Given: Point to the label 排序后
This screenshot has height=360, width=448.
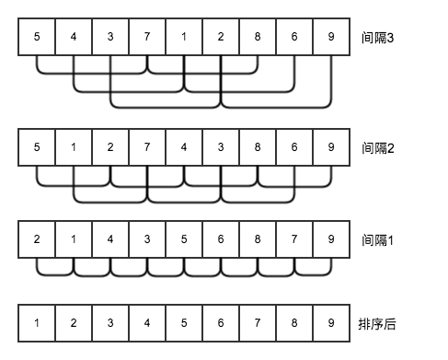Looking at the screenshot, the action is (379, 323).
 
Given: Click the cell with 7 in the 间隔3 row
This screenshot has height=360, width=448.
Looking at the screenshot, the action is (147, 38).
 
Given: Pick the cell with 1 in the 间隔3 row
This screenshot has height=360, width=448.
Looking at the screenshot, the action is (184, 38).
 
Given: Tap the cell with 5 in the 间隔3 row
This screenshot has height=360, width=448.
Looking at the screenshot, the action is (37, 38).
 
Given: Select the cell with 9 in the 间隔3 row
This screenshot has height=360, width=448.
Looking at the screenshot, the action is (331, 38).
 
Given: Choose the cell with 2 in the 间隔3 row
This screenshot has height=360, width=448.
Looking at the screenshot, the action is (221, 38).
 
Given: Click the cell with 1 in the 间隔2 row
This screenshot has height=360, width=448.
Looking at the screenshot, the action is (74, 147).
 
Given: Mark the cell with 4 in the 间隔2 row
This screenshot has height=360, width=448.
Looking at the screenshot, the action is (184, 147).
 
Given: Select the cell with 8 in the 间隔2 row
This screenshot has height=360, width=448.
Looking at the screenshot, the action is (258, 147).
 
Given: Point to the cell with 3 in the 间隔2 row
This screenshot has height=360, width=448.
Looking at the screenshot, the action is (221, 147).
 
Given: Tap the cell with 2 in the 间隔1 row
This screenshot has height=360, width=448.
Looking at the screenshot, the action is (37, 239).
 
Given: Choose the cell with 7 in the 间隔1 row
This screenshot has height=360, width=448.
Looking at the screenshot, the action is (294, 239).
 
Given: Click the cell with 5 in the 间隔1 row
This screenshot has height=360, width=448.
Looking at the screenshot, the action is (184, 239).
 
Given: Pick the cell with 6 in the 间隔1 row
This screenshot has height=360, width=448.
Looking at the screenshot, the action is (221, 239).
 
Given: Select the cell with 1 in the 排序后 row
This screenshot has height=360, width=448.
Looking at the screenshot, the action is (37, 323).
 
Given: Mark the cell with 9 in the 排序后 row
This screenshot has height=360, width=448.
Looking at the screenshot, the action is (331, 323).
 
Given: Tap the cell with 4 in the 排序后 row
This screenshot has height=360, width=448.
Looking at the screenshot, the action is (147, 323).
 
